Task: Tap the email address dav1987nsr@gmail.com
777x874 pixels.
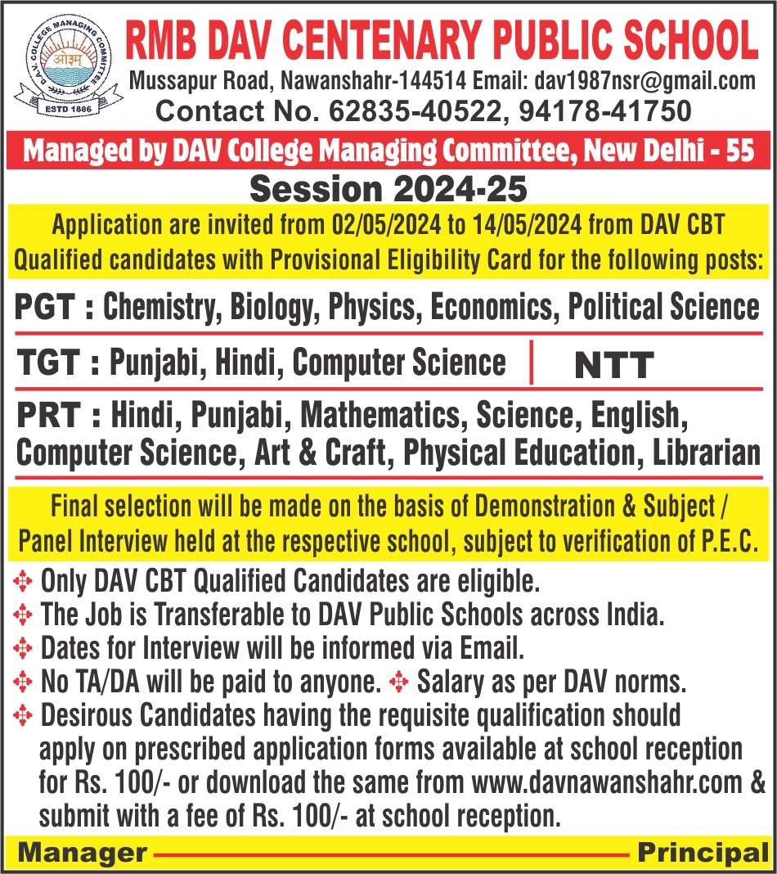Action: pyautogui.click(x=645, y=81)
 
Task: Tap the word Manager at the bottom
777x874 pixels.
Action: pyautogui.click(x=82, y=854)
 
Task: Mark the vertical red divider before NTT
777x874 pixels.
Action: pyautogui.click(x=532, y=363)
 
